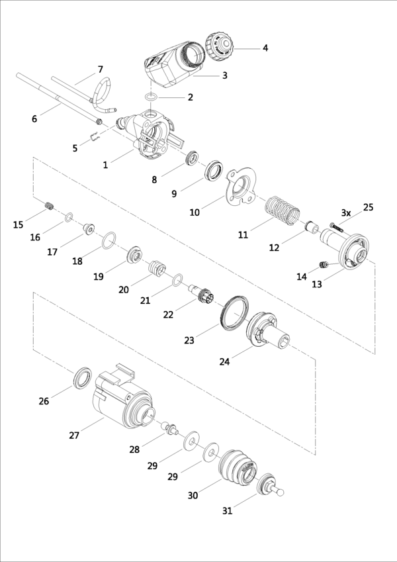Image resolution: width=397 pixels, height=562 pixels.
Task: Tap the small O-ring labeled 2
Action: (151, 97)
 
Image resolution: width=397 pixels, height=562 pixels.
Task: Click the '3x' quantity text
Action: (346, 212)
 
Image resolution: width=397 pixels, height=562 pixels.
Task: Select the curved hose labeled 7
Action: (103, 93)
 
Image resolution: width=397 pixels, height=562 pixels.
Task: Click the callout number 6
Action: (34, 118)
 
